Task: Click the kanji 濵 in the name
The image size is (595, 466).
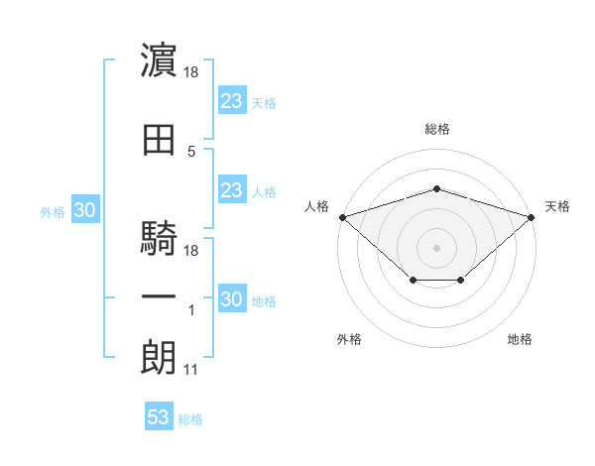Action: click(x=159, y=59)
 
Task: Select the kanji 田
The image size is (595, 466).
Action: click(x=159, y=140)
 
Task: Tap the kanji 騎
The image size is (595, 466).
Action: click(x=159, y=238)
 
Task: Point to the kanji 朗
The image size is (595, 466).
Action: click(x=159, y=358)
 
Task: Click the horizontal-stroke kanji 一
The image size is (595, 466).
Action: click(x=159, y=296)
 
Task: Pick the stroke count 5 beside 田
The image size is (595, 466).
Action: click(x=191, y=152)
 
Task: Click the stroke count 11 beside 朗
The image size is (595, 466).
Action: click(x=190, y=370)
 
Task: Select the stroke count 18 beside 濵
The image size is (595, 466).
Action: click(x=190, y=72)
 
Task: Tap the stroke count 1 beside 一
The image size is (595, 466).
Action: click(x=191, y=310)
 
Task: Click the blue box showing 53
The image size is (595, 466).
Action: click(x=159, y=415)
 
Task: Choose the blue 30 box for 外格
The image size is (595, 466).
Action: click(x=85, y=209)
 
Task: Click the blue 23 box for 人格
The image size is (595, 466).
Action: click(x=232, y=189)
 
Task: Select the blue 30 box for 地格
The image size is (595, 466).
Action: click(x=232, y=297)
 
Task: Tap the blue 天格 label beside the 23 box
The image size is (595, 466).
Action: click(x=264, y=103)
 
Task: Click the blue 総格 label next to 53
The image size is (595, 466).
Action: click(x=190, y=419)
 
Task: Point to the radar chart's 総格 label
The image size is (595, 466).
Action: click(x=437, y=129)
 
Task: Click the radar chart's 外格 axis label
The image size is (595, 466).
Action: click(x=349, y=339)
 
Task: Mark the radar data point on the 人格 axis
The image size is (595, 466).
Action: click(x=343, y=217)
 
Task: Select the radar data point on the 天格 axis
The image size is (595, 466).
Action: click(x=532, y=217)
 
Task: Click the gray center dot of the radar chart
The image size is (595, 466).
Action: click(x=436, y=248)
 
